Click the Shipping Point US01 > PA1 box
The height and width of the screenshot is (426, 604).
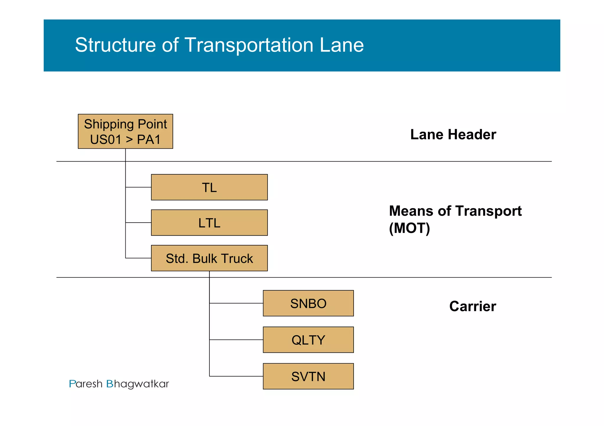[125, 131]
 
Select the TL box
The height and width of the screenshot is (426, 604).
[209, 187]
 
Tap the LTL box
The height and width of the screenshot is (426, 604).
[209, 223]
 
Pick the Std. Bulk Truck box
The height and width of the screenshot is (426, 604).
[209, 258]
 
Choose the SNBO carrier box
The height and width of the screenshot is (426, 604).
[308, 303]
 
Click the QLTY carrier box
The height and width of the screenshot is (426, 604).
[308, 340]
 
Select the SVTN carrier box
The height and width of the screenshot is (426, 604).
[308, 376]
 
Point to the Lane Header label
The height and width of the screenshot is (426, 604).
[453, 135]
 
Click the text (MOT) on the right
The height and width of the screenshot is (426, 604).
[409, 228]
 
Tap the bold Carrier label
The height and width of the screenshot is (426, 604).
[472, 306]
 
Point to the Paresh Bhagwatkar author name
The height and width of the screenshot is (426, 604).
[119, 384]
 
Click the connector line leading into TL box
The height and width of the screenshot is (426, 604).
[138, 187]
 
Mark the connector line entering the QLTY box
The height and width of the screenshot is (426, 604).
[236, 340]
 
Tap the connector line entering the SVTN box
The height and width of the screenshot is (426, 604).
[236, 376]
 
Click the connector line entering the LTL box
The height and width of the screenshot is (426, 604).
[138, 223]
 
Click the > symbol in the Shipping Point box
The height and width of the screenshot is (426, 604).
[129, 140]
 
